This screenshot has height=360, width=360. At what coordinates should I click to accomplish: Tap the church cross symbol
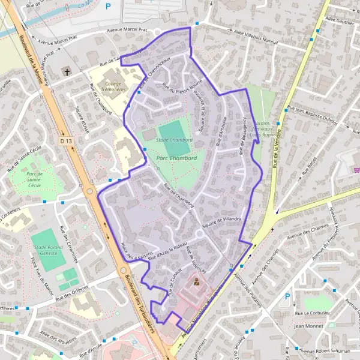click(x=67, y=73)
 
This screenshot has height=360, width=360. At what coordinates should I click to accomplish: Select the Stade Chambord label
click(x=174, y=140)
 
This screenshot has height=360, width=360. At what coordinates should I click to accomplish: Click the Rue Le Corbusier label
click(x=309, y=313)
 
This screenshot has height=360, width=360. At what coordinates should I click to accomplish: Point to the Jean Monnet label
click(x=309, y=326)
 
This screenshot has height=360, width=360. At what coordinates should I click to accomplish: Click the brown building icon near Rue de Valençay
click(x=196, y=281)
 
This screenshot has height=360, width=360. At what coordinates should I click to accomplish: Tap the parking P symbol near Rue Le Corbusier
click(x=287, y=296)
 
